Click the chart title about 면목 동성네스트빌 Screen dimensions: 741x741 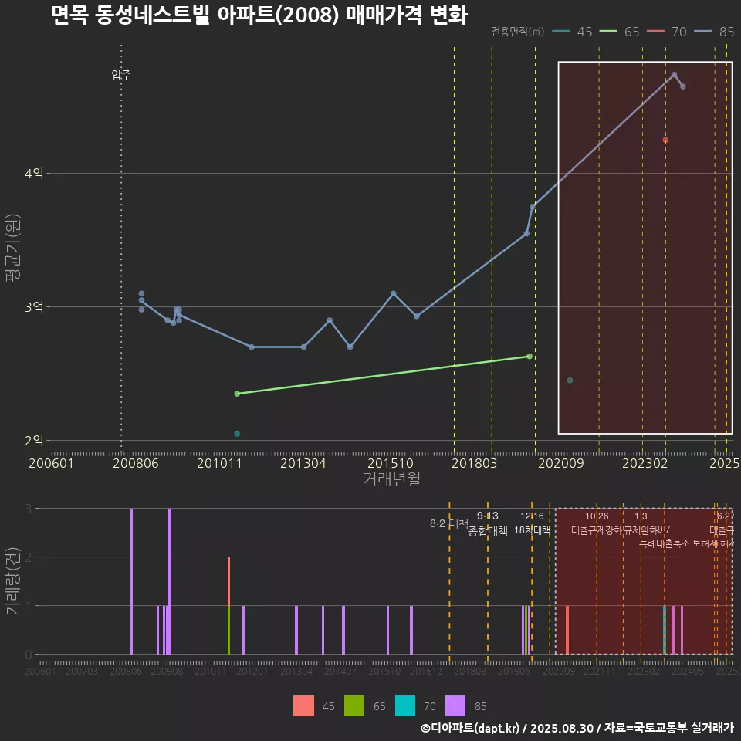click(259, 15)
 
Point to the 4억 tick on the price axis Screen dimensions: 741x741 click(33, 174)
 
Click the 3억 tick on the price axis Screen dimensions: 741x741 click(33, 307)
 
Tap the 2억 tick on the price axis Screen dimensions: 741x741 click(33, 441)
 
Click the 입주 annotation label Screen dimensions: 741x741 click(121, 75)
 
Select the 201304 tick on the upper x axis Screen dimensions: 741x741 click(303, 463)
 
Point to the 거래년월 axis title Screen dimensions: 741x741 click(391, 479)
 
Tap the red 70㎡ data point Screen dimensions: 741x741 click(665, 140)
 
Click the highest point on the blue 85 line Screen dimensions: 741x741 click(674, 75)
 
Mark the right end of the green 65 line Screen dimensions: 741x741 click(529, 356)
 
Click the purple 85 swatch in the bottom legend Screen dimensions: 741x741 click(456, 705)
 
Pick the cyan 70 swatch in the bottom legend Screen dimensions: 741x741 click(405, 705)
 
